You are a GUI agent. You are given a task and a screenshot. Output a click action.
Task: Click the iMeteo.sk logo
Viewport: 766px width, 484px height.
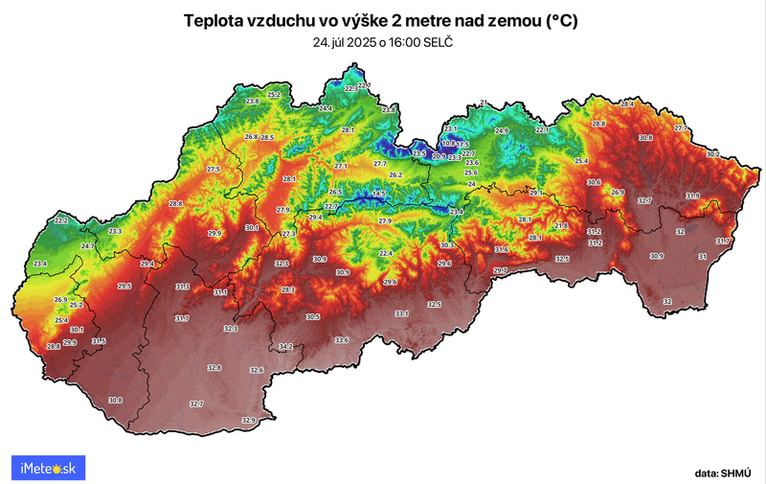48,468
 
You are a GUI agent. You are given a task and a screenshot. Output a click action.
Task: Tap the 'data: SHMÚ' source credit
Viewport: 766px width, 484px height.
725,472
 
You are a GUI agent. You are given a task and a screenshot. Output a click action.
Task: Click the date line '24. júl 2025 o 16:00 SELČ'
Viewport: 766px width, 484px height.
383,43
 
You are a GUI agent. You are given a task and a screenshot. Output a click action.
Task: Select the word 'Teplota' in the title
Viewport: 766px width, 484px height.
213,20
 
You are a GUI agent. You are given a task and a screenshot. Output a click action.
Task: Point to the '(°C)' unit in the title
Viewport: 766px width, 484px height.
564,20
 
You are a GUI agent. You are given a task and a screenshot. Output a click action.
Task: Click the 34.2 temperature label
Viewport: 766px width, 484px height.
286,346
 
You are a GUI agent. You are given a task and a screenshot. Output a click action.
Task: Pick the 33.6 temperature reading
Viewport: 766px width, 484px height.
342,340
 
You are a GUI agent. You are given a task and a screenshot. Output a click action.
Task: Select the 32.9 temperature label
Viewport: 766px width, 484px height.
249,420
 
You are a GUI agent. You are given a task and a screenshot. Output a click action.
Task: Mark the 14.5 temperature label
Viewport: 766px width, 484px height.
379,195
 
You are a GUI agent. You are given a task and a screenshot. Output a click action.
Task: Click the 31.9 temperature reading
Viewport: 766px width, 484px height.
692,196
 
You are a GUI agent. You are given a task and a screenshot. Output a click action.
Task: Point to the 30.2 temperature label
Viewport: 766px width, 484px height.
712,153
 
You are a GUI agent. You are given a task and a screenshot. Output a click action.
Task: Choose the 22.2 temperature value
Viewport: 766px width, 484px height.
61,220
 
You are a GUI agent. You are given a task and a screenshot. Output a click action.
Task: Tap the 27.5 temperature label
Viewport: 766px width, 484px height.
213,169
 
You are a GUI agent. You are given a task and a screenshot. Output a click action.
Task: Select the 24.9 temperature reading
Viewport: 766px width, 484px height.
502,130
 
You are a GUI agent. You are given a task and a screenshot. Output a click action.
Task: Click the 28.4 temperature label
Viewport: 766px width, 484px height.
628,104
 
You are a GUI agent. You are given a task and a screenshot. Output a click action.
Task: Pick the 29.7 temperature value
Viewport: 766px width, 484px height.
499,271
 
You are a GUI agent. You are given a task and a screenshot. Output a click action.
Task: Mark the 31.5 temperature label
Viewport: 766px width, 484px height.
99,341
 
